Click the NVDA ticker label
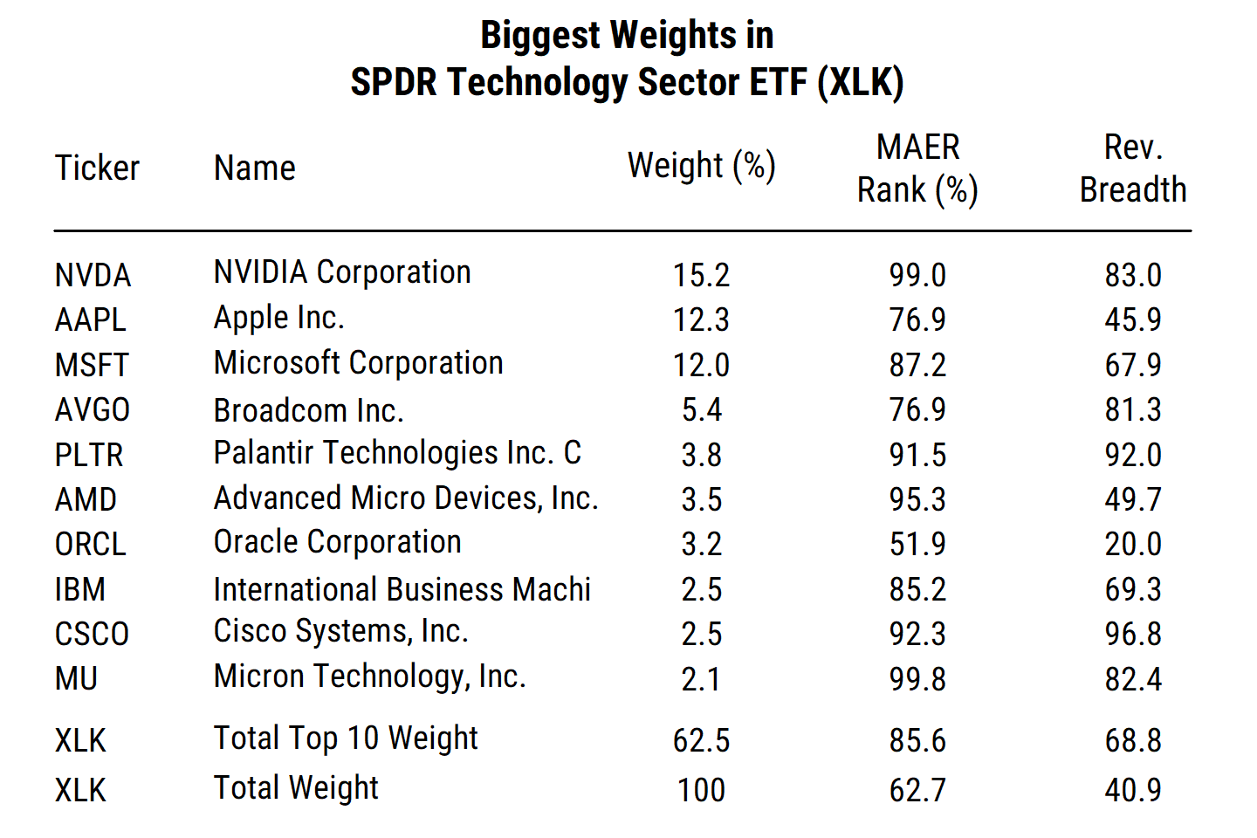pos(93,276)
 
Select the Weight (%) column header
pos(701,166)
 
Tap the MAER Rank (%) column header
pos(917,168)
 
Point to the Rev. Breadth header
pos(1132,168)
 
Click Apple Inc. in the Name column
pos(278,319)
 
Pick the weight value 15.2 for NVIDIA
pos(701,276)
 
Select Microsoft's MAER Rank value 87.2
pos(917,365)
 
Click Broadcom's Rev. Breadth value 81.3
pos(1132,409)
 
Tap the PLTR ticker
pos(89,455)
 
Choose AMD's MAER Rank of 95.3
pos(917,499)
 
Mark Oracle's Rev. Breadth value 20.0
pos(1132,544)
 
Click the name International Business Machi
pos(402,589)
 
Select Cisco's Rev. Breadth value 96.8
pos(1132,634)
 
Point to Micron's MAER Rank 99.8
pos(917,679)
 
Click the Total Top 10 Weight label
pos(346,739)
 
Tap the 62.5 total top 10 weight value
pos(701,741)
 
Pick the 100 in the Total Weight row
pos(701,790)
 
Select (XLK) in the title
pos(860,83)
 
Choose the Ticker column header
pos(97,168)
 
